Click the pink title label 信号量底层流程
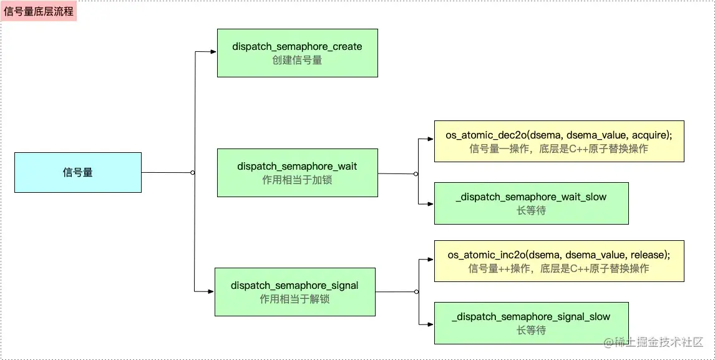pos(39,11)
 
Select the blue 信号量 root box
pos(78,172)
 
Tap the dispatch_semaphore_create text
pos(297,47)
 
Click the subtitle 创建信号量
pos(298,61)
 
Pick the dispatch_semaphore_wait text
pos(298,167)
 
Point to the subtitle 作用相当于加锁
pos(298,180)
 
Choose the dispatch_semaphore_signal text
pos(294,286)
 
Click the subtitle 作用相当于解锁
pos(294,299)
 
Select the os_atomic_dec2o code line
pos(559,135)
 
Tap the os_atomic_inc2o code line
pos(559,255)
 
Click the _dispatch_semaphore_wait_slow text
pos(531,197)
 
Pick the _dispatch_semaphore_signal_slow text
pos(531,317)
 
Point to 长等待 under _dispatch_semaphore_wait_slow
pos(531,211)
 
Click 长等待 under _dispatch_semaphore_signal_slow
pos(531,330)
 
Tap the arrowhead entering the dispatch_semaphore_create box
pos(213,52)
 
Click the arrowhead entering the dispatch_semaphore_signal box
pos(211,291)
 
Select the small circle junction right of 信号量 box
pos(192,172)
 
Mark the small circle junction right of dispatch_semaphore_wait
pos(416,174)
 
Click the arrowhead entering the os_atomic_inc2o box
pos(430,260)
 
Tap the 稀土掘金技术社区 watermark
pos(654,343)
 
